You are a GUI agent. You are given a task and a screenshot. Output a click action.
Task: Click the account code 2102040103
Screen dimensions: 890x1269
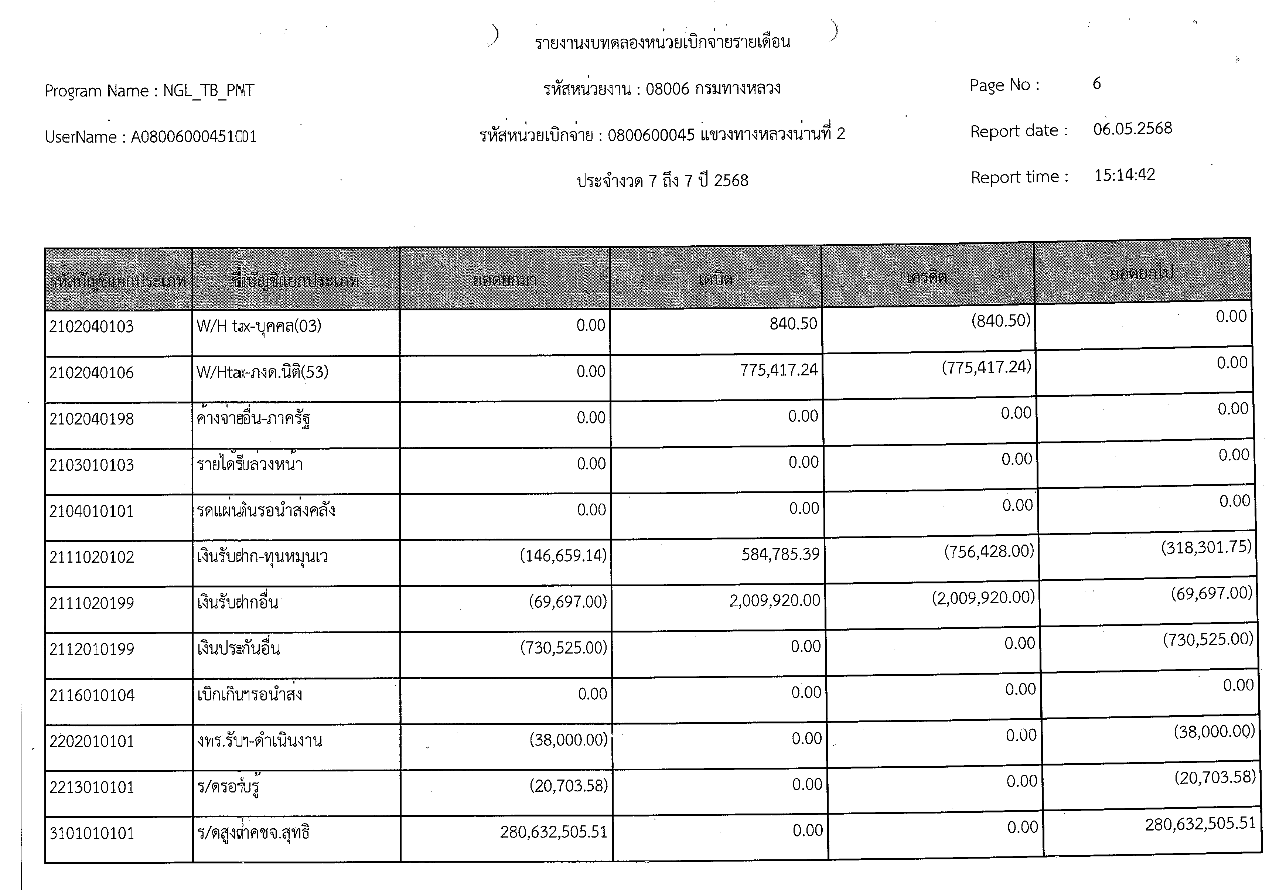(x=91, y=327)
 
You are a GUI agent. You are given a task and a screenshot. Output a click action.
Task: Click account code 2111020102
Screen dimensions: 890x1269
(x=92, y=557)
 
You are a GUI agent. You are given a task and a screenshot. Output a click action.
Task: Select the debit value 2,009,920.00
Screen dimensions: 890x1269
(x=774, y=600)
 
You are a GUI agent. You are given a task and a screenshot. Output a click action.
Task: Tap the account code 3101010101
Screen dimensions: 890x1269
(x=92, y=833)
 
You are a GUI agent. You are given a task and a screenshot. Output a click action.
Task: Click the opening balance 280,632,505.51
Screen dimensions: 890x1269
(x=553, y=832)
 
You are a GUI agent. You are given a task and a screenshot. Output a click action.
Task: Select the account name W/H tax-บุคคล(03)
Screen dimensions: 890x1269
(x=259, y=326)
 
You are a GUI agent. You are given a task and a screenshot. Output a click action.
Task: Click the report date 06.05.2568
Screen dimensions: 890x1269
(x=1132, y=129)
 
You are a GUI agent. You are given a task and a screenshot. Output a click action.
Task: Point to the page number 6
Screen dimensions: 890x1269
(x=1096, y=83)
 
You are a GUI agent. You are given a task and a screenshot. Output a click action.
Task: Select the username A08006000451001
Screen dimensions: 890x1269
(x=194, y=137)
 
